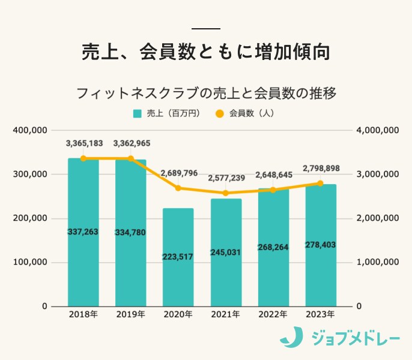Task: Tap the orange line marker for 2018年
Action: coord(83,158)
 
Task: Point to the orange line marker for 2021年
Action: coord(226,193)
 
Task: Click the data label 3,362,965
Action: coord(131,143)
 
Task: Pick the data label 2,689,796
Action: coord(178,173)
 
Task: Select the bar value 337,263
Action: coord(83,232)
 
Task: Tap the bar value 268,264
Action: coord(273,247)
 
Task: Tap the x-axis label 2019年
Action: coord(131,314)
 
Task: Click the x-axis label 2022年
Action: coord(273,314)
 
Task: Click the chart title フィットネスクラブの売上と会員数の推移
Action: coord(205,94)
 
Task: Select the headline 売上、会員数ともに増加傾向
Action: coord(205,52)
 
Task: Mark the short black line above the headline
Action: coord(205,28)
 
